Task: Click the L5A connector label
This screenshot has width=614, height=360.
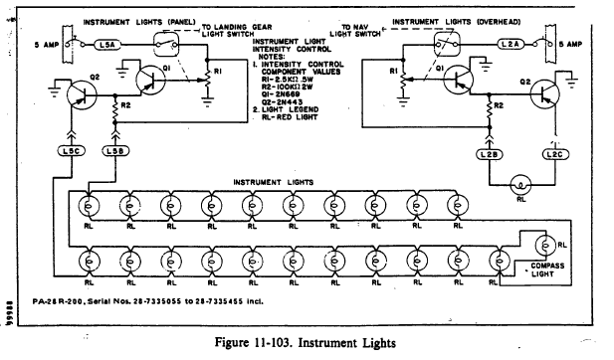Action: pyautogui.click(x=108, y=45)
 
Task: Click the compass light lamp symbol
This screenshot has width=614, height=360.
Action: pyautogui.click(x=543, y=244)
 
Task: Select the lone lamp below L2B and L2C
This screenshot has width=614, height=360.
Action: pyautogui.click(x=517, y=184)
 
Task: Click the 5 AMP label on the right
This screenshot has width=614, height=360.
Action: pyautogui.click(x=578, y=45)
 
